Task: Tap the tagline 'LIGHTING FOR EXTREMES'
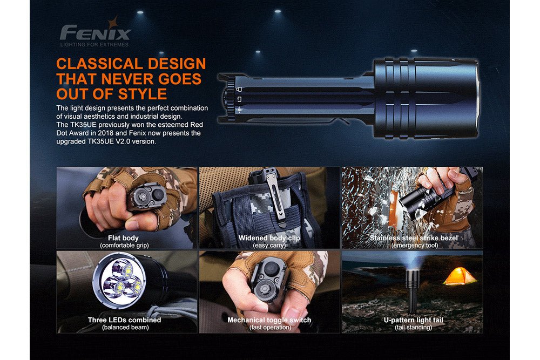click(x=94, y=44)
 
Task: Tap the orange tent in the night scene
click(x=460, y=276)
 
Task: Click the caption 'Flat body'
click(x=123, y=238)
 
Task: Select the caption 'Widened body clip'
click(x=269, y=238)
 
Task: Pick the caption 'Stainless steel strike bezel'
click(x=414, y=238)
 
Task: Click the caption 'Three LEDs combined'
click(x=124, y=320)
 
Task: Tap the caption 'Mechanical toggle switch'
click(x=269, y=320)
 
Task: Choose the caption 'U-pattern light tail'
click(x=414, y=320)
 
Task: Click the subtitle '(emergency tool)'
click(x=414, y=246)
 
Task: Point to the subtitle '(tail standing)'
click(x=414, y=327)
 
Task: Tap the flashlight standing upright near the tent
click(x=413, y=291)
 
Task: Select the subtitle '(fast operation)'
click(x=269, y=327)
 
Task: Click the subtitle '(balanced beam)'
click(x=124, y=327)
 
